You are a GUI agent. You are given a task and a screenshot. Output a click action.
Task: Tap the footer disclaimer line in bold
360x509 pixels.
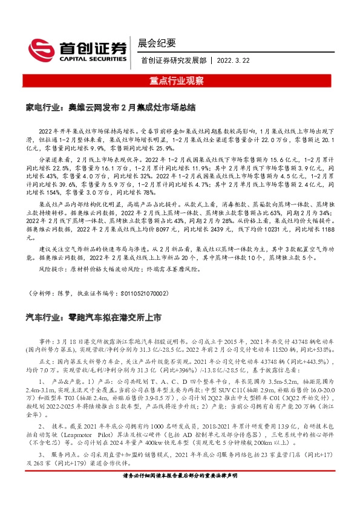(180, 494)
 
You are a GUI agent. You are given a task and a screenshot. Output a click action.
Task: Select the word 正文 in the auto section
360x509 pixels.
(45, 361)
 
